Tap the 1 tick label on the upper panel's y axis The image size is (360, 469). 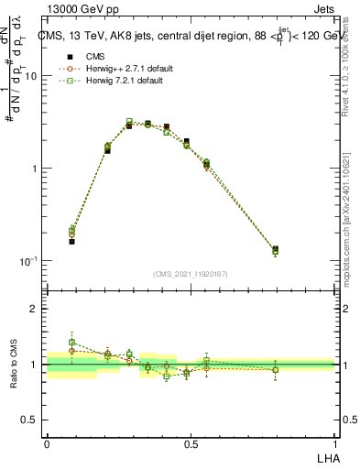tap(35, 169)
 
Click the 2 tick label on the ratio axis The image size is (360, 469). tap(35, 310)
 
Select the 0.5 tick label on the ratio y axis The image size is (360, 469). tap(29, 420)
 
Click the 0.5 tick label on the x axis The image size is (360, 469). tap(191, 443)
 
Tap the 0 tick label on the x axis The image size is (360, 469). tap(47, 443)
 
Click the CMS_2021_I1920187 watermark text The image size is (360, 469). tap(191, 273)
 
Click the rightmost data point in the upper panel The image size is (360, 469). tap(275, 249)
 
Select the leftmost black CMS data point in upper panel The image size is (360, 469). tap(71, 241)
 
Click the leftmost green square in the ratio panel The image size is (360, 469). tap(71, 343)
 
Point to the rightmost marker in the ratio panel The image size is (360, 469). tap(275, 370)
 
